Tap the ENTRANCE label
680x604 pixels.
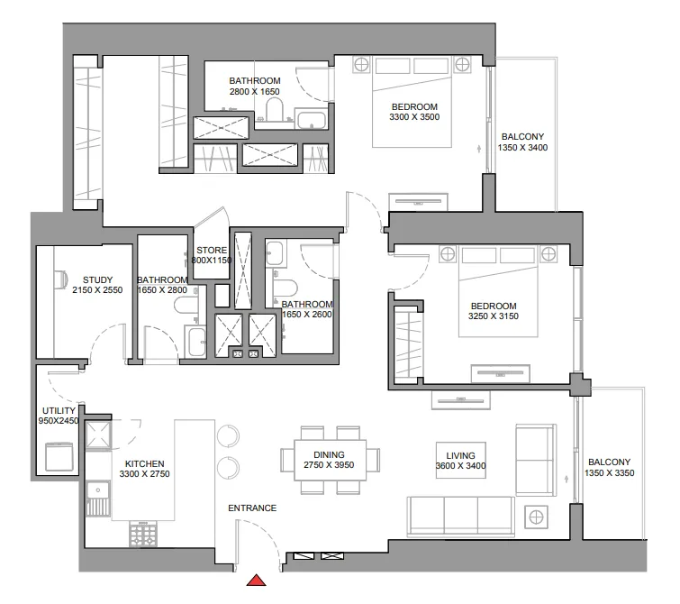pyautogui.click(x=252, y=508)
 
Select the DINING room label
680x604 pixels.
pyautogui.click(x=324, y=460)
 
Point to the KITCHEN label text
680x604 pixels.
pyautogui.click(x=145, y=468)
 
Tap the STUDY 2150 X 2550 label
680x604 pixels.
pyautogui.click(x=97, y=285)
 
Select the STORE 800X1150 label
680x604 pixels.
pyautogui.click(x=212, y=256)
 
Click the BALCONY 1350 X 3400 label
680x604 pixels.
pyautogui.click(x=523, y=142)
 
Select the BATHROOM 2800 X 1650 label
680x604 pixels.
pyautogui.click(x=255, y=86)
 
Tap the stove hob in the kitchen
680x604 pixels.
pyautogui.click(x=142, y=535)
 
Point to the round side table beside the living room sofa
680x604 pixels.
pyautogui.click(x=537, y=517)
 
